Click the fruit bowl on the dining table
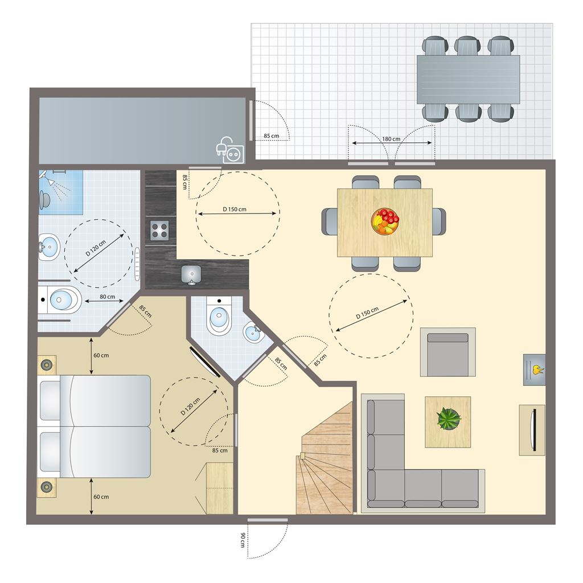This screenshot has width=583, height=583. coord(385,221)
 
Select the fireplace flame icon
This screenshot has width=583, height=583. coord(537,369)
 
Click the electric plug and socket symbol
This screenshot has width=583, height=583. coord(231,150)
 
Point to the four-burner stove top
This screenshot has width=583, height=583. coord(159,231)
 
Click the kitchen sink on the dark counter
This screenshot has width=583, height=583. coord(191,275)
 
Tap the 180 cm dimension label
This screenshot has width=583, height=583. coord(391,139)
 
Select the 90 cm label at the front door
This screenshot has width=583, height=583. coord(243,540)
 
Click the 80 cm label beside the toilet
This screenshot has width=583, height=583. coord(107,297)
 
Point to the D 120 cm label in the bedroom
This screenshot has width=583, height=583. coord(190,407)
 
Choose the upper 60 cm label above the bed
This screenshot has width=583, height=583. coord(101,355)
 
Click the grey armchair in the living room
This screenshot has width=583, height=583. coord(447,352)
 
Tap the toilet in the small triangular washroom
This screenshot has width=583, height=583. coord(219,316)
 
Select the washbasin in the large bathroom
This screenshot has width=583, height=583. coord(49,247)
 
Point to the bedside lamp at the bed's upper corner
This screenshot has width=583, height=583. coord(47,365)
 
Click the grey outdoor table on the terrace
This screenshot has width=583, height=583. coord(468,80)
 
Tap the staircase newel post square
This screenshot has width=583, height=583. coord(302,455)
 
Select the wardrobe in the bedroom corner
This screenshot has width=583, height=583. coord(220,488)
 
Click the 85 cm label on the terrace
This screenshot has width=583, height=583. coord(271,136)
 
